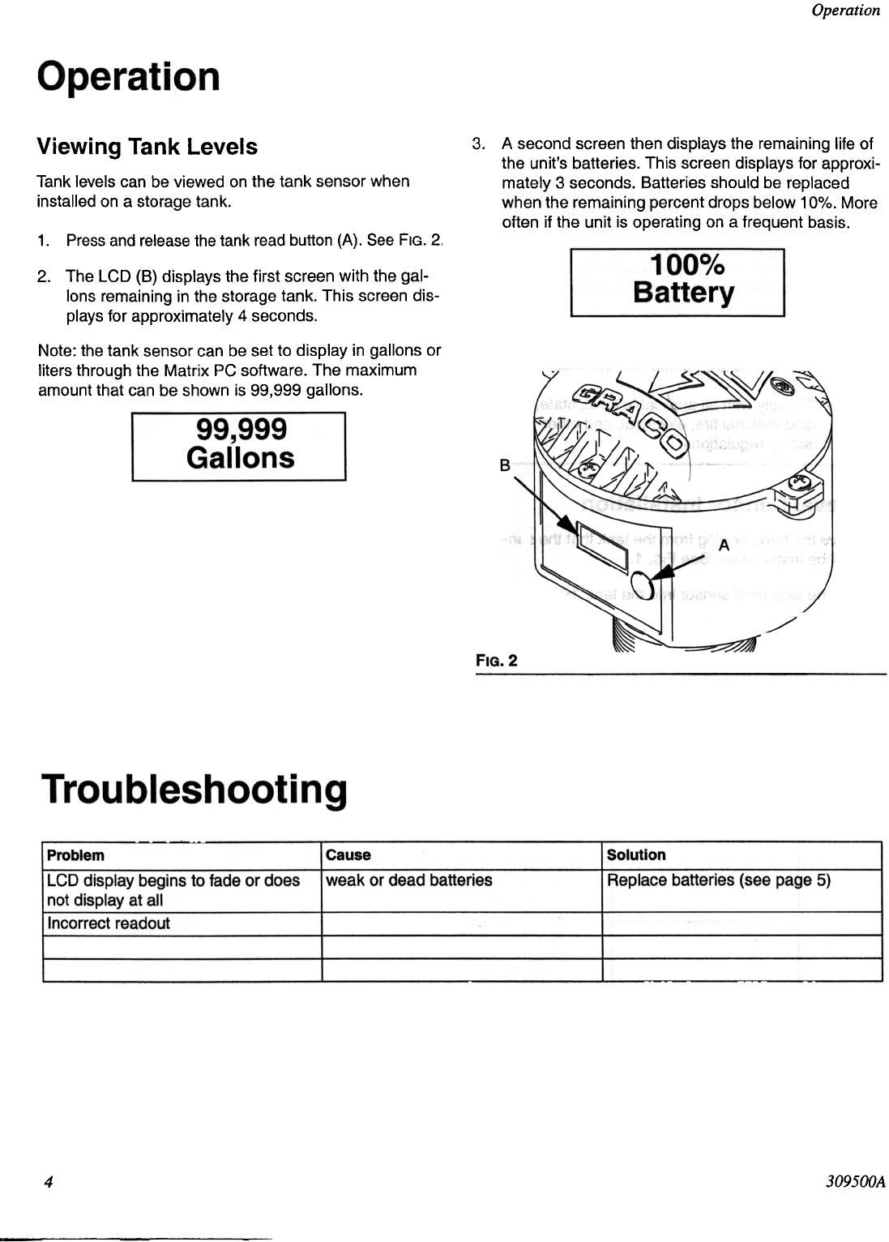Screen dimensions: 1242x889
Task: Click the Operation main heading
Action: (128, 77)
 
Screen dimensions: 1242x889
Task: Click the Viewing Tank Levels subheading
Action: (147, 147)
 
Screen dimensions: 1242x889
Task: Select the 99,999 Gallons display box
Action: (239, 446)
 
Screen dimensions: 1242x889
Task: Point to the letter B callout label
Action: (504, 465)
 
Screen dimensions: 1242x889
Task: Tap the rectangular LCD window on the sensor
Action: (601, 551)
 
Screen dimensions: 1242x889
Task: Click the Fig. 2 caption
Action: (496, 660)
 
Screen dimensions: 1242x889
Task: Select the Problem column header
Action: (75, 855)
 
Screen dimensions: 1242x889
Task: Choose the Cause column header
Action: (348, 855)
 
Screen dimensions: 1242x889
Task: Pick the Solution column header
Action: (636, 855)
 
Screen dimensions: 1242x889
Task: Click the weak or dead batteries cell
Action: (408, 880)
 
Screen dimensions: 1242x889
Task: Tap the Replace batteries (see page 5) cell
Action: (718, 880)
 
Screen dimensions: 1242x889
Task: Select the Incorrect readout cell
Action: (109, 923)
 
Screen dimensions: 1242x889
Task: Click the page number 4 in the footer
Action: (49, 1182)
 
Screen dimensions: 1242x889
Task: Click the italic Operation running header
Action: (845, 11)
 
